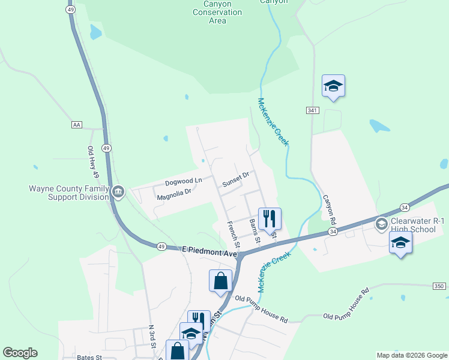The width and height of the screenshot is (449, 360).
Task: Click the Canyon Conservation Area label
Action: [217, 12]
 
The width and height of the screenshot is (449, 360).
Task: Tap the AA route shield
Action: [76, 125]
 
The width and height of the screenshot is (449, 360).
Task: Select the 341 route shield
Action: [312, 110]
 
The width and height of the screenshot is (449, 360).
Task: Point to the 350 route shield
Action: [439, 286]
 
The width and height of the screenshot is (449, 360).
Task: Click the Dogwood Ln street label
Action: [184, 181]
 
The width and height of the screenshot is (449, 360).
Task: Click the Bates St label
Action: [90, 357]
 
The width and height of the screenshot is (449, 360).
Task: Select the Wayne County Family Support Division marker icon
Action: [118, 192]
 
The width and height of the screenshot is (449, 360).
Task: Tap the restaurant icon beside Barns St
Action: [270, 218]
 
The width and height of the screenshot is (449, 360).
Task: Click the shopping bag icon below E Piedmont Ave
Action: [220, 280]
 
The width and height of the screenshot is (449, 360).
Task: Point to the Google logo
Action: [20, 353]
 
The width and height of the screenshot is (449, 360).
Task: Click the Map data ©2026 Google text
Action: [411, 355]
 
